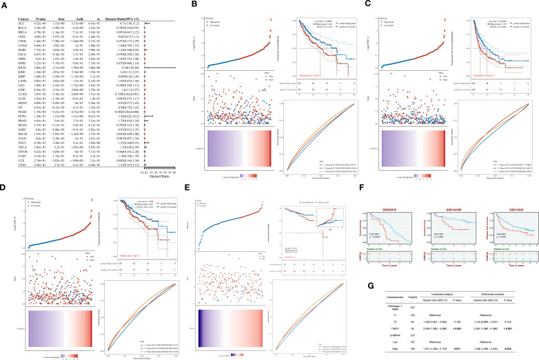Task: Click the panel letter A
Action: click(x=5, y=5)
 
